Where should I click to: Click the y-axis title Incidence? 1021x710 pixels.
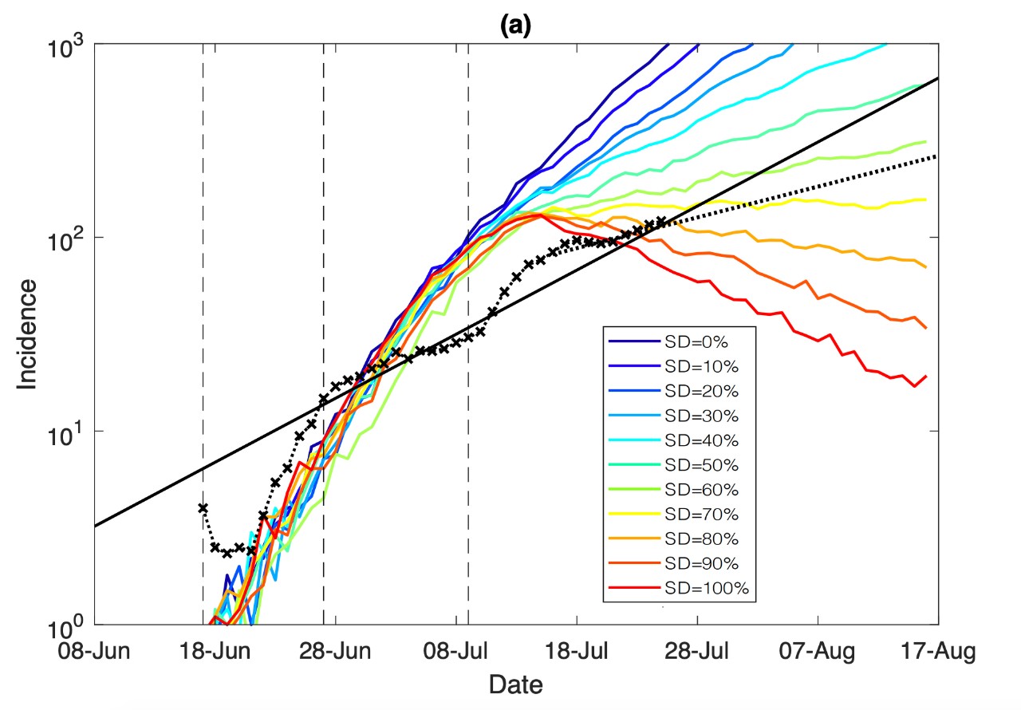pos(28,333)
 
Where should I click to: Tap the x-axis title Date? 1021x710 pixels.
pos(515,684)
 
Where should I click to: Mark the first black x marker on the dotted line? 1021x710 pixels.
pos(203,507)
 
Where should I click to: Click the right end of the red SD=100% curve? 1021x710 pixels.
pos(926,377)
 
